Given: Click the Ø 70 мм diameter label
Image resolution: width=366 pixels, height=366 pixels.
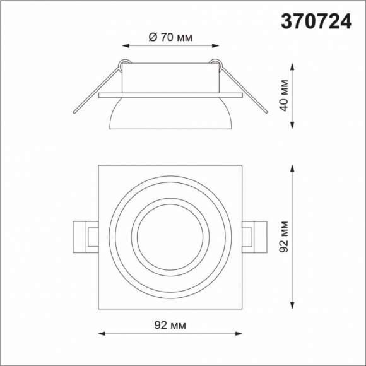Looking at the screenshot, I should click(x=170, y=37).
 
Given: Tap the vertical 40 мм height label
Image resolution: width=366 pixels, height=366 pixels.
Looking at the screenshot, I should click(x=285, y=95).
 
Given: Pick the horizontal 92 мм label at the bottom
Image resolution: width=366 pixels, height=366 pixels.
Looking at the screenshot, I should click(x=170, y=325).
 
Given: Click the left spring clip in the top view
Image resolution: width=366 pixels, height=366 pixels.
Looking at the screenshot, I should click(x=86, y=237).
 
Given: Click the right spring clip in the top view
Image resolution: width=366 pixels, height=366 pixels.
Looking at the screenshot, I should click(x=255, y=237).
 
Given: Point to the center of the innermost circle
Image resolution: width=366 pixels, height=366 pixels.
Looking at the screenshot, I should click(x=170, y=238).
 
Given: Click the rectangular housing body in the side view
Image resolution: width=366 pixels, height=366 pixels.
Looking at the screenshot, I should click(x=170, y=78).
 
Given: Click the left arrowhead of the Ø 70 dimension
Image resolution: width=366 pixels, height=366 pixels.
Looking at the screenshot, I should click(x=124, y=46).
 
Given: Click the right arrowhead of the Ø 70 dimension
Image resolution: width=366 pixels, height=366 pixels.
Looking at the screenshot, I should click(x=218, y=46).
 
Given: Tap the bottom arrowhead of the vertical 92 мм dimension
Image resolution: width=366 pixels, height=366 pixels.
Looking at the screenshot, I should click(x=293, y=308).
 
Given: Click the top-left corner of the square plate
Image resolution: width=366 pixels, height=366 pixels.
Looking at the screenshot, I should click(x=99, y=166).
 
